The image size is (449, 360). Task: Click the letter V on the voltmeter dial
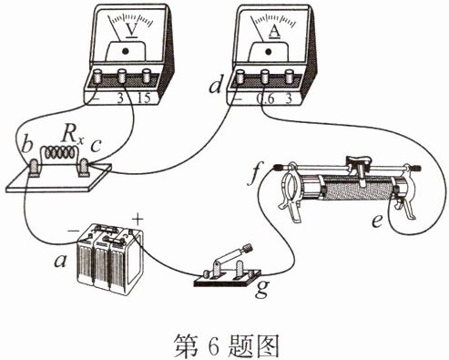click(x=132, y=30)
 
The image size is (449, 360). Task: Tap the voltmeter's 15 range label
click(x=144, y=98)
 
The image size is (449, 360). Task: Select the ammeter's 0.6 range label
click(x=265, y=98)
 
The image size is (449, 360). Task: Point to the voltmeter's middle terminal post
click(x=121, y=76)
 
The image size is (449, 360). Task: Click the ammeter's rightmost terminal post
click(x=289, y=77)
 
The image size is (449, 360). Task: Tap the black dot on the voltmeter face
click(x=125, y=51)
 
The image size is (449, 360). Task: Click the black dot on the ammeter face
click(x=269, y=51)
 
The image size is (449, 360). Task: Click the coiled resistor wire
click(x=60, y=152)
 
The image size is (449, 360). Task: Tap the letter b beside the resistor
click(x=27, y=144)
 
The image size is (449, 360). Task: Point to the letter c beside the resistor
click(x=96, y=146)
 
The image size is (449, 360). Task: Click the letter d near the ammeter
click(x=216, y=84)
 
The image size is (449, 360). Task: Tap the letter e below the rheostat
click(x=378, y=221)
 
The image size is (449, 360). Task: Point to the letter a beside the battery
click(x=60, y=261)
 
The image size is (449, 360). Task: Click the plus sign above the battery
click(x=138, y=220)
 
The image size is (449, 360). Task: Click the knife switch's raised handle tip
click(x=249, y=248)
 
